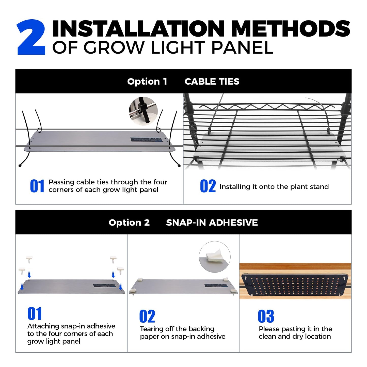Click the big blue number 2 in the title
31,37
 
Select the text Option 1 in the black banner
147,82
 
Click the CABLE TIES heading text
212,82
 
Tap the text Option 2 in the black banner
129,222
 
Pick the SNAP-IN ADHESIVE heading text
212,222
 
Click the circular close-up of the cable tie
143,111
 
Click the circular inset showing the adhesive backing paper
215,257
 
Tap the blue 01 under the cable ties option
37,186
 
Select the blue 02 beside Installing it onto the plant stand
208,186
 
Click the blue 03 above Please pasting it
266,316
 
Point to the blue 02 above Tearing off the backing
147,316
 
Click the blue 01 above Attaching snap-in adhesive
35,314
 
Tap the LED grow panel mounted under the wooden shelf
295,285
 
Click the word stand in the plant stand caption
320,187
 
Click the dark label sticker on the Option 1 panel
146,140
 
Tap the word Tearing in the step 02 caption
151,329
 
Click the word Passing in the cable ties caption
61,182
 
